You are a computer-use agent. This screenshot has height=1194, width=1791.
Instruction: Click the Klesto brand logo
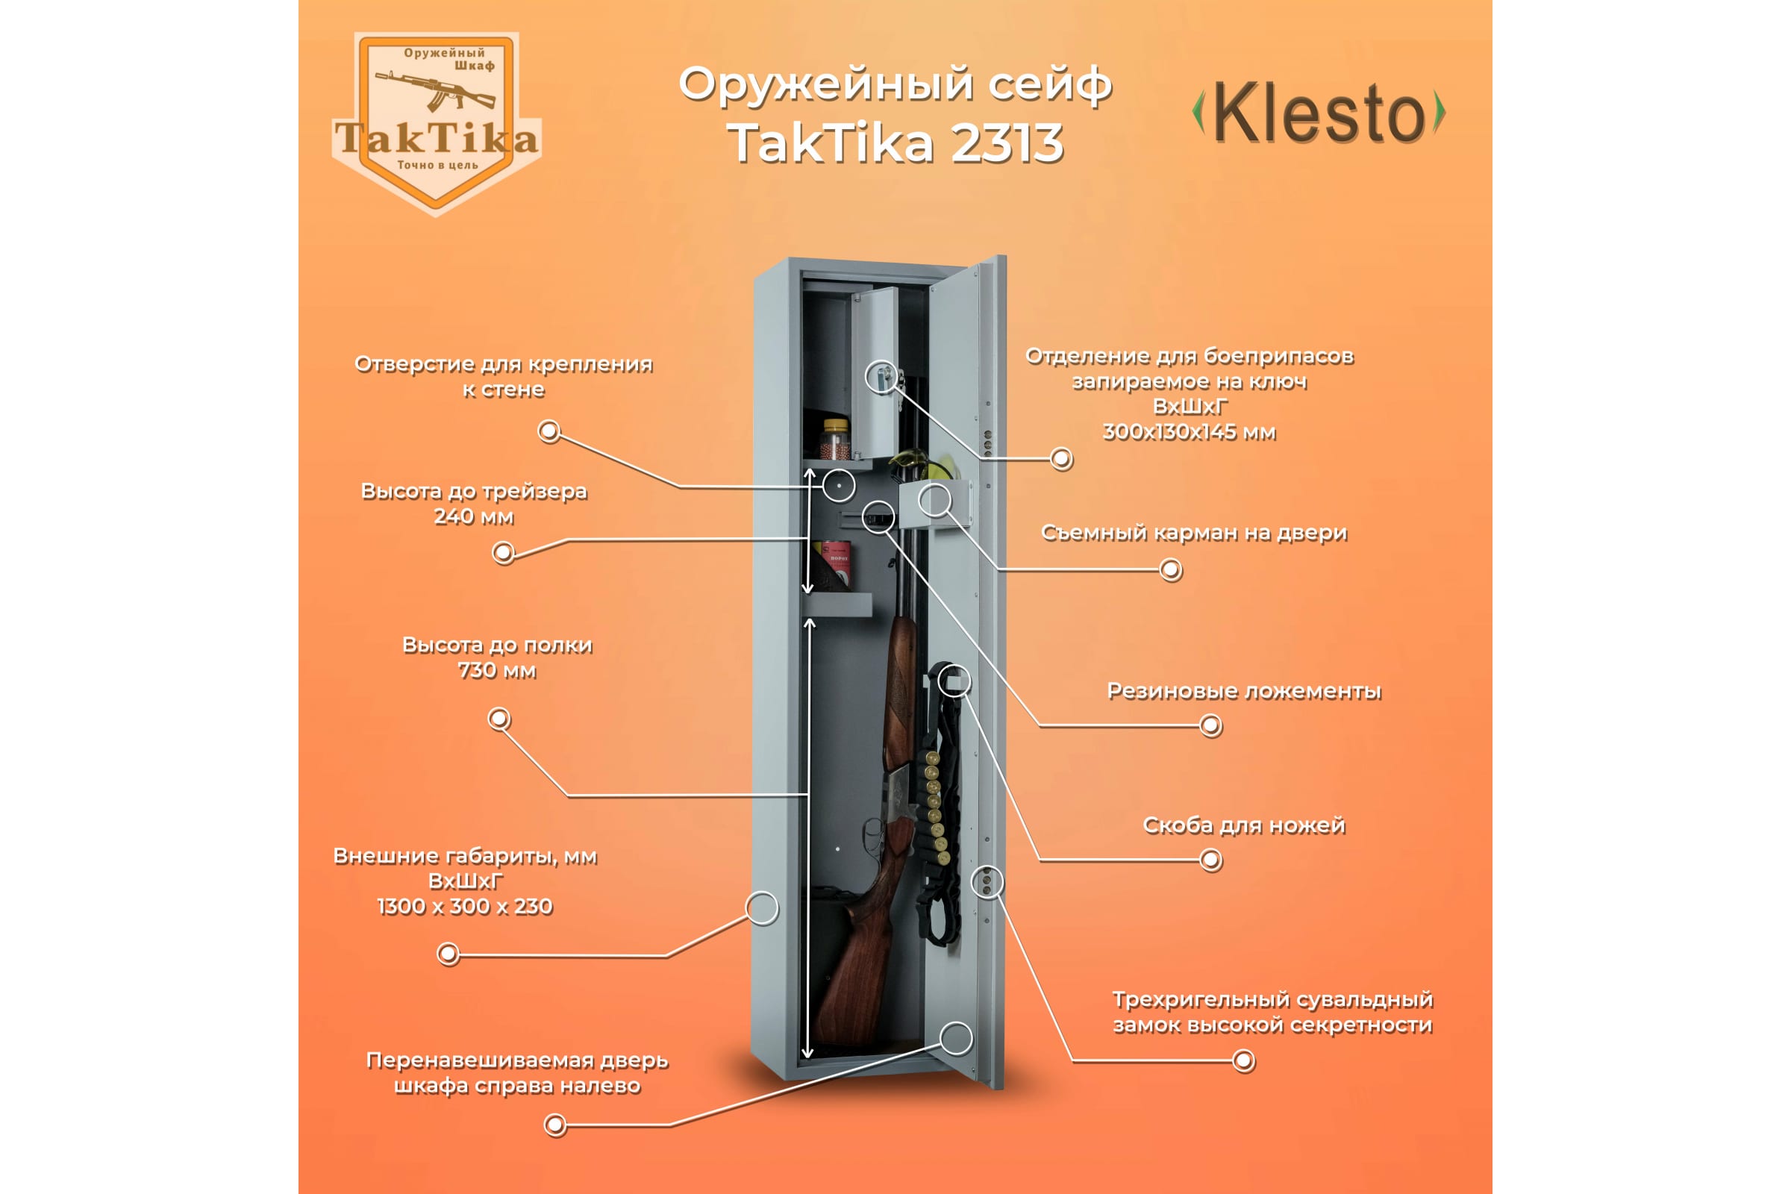[x=1318, y=113]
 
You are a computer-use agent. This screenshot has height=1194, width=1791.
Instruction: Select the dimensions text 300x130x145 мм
[x=1189, y=433]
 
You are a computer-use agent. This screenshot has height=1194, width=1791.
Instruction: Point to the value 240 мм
[x=474, y=517]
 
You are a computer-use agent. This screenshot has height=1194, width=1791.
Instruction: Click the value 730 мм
[x=496, y=671]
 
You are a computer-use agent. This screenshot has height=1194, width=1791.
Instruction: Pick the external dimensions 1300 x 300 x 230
[x=464, y=907]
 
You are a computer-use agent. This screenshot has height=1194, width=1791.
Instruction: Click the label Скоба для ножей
[x=1243, y=825]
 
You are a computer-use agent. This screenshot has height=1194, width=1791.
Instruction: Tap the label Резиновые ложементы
[x=1243, y=692]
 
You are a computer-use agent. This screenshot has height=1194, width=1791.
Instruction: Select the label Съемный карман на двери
[x=1193, y=533]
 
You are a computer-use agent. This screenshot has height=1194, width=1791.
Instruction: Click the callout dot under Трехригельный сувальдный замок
[x=1243, y=1060]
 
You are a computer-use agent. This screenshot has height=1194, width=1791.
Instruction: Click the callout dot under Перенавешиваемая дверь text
[x=555, y=1124]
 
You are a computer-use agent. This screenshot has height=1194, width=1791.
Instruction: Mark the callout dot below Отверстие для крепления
[x=549, y=431]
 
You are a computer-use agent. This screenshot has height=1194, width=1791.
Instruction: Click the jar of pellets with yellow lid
[x=834, y=440]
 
